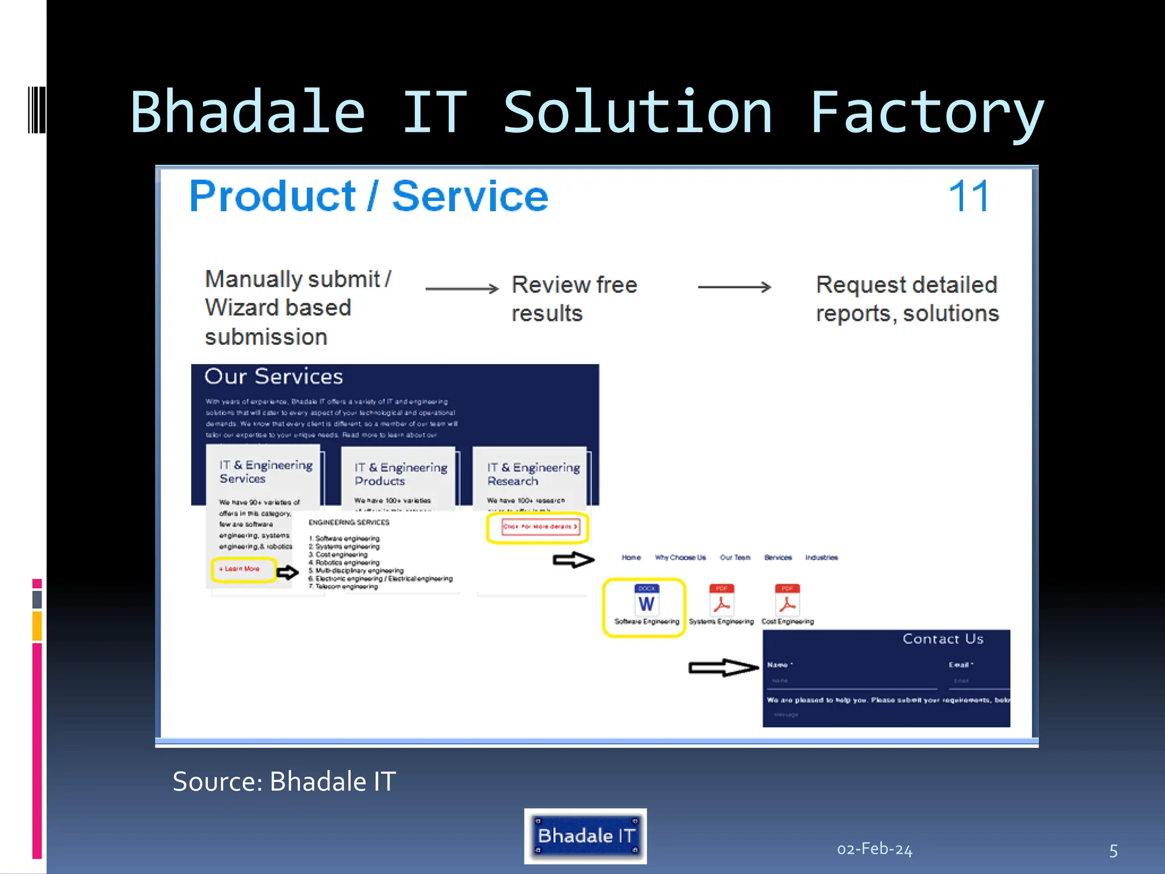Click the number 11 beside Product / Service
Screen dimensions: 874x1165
[969, 196]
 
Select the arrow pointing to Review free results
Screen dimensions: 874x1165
[461, 288]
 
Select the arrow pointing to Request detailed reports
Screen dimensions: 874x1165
[734, 287]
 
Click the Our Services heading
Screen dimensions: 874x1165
[274, 377]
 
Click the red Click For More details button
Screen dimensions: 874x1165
[540, 527]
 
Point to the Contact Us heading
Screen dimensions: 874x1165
[943, 639]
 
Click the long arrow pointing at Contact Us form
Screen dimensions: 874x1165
[723, 667]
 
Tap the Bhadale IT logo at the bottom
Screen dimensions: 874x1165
[585, 836]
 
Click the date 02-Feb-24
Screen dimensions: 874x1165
[874, 849]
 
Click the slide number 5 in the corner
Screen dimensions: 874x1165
[1113, 851]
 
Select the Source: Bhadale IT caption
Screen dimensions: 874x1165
[284, 781]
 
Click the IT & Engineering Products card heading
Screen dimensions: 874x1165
[400, 474]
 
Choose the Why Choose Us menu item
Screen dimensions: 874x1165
[680, 558]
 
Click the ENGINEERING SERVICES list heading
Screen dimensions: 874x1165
[349, 522]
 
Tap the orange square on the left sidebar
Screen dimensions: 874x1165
[37, 625]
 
